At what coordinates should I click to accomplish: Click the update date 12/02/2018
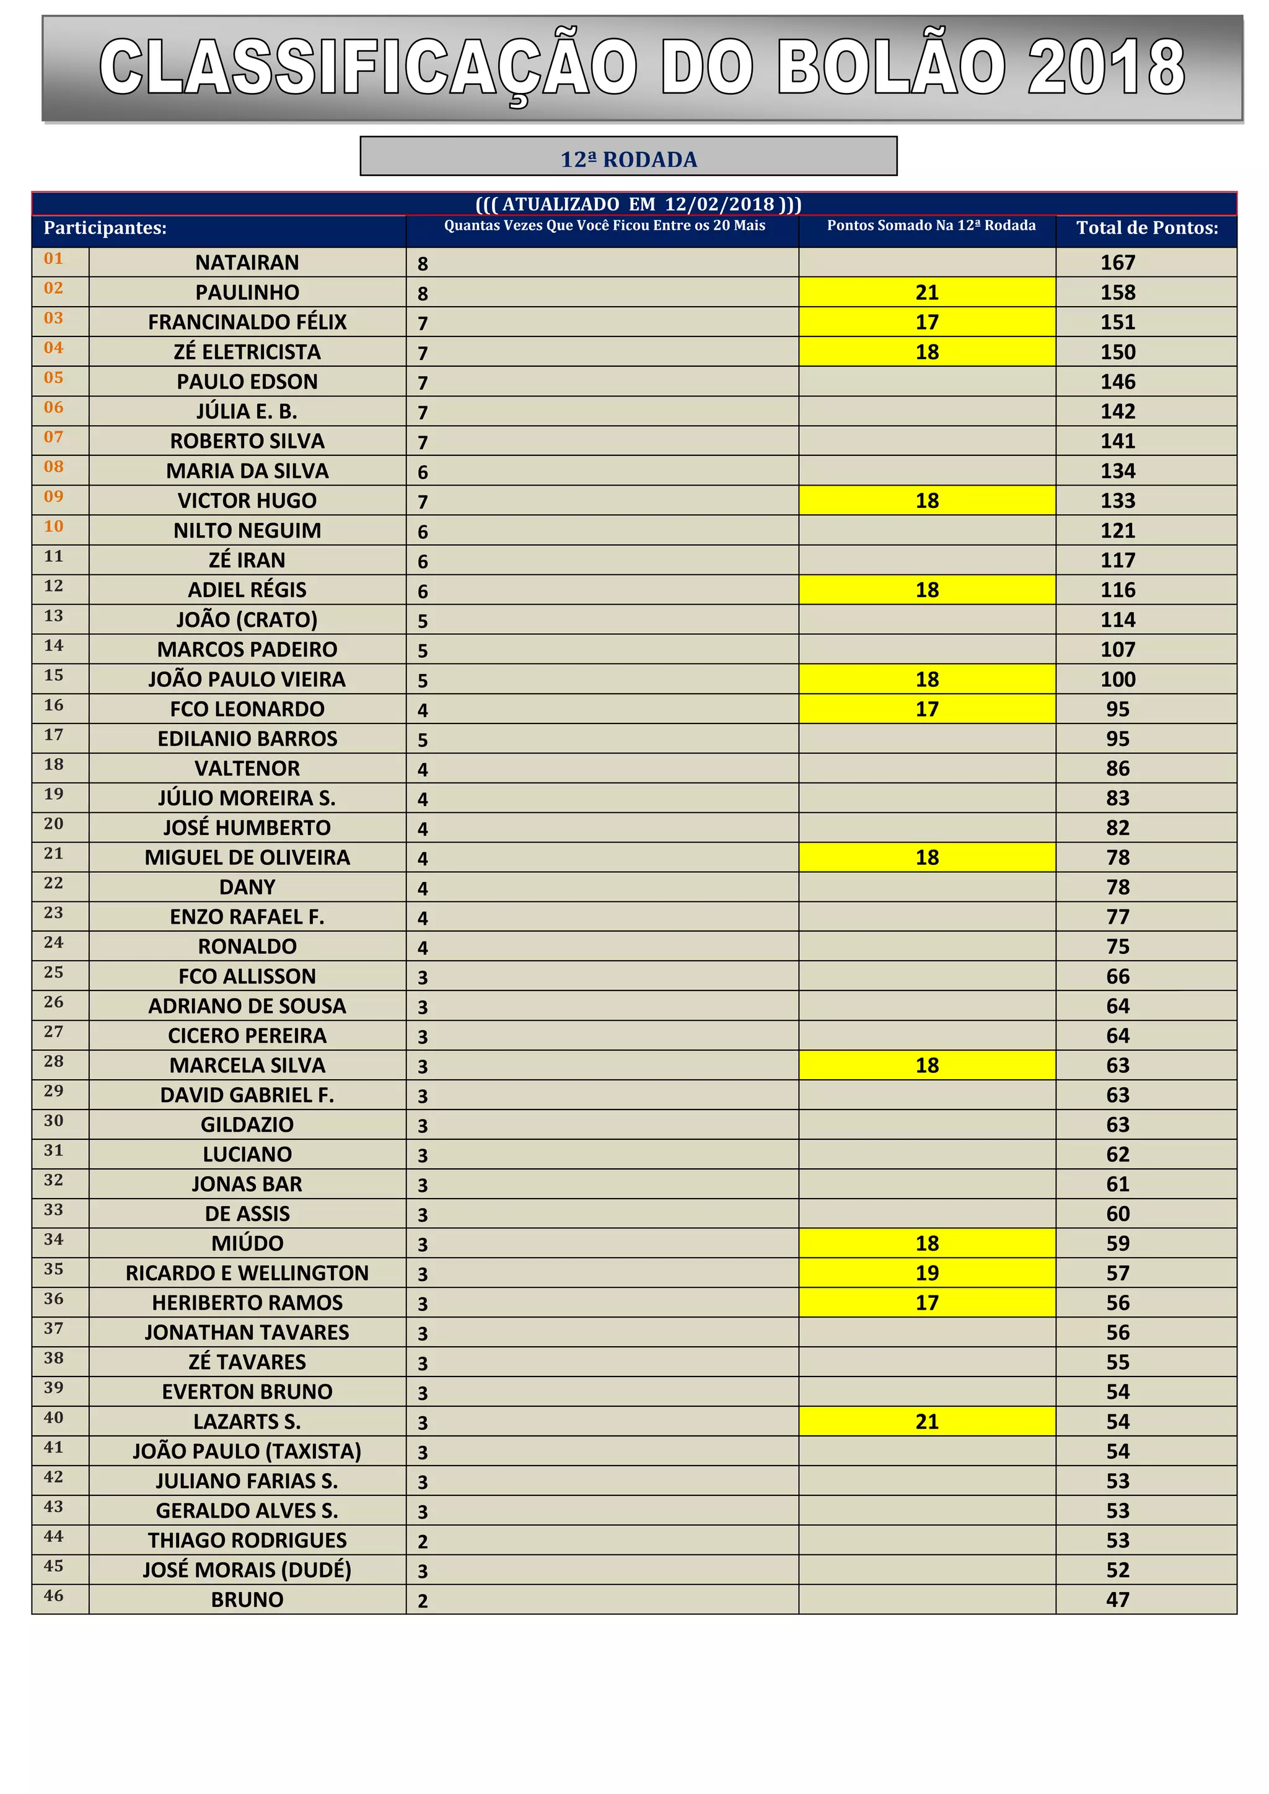click(x=719, y=204)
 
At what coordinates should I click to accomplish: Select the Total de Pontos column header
click(x=1146, y=228)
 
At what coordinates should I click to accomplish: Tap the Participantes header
click(x=105, y=228)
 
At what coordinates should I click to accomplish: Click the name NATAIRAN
click(x=247, y=263)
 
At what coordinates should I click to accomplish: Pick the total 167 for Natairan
click(x=1117, y=263)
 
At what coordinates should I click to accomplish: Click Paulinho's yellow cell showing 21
click(x=927, y=292)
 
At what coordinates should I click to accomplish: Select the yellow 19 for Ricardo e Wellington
click(x=927, y=1273)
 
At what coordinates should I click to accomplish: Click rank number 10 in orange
click(x=53, y=527)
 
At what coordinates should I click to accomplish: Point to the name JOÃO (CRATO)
click(x=247, y=619)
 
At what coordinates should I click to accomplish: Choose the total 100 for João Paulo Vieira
click(x=1117, y=679)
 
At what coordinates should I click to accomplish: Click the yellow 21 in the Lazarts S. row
click(x=927, y=1421)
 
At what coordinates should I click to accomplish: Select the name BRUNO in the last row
click(x=247, y=1599)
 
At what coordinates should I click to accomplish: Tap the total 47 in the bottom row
click(x=1117, y=1599)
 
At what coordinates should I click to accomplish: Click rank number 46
click(x=53, y=1596)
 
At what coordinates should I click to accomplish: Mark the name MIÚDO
click(x=247, y=1243)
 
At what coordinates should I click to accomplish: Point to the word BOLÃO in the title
click(x=892, y=68)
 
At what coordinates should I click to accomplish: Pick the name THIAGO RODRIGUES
click(x=247, y=1540)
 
